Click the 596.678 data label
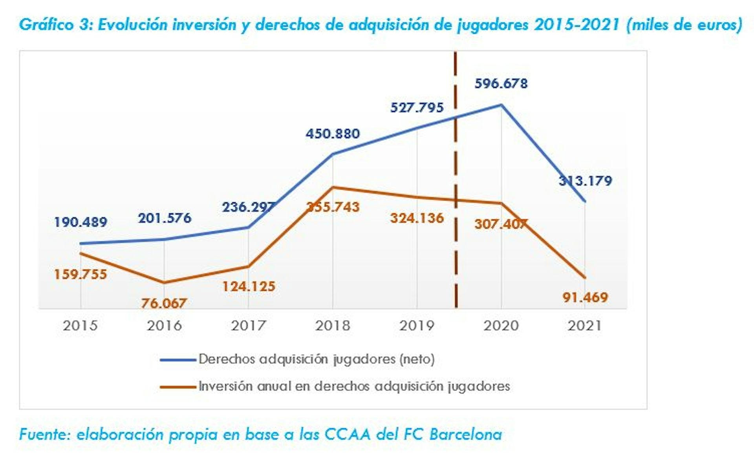pos(501,83)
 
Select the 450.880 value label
pos(333,134)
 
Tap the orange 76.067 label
pos(164,303)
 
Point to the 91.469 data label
pos(585,297)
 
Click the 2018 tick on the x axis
pos(333,326)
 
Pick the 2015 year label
pos(80,326)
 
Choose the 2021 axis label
pos(585,326)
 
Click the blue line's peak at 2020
pos(501,105)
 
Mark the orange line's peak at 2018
pos(333,187)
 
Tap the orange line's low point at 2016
pos(164,282)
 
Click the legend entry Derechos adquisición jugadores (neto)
pos(316,359)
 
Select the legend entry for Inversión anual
pos(354,386)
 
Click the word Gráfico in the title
pos(46,25)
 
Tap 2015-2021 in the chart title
pos(576,25)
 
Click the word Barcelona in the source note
pos(465,434)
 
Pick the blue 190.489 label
pos(81,222)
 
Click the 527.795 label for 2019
pos(417,108)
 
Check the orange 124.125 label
pos(249,286)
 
